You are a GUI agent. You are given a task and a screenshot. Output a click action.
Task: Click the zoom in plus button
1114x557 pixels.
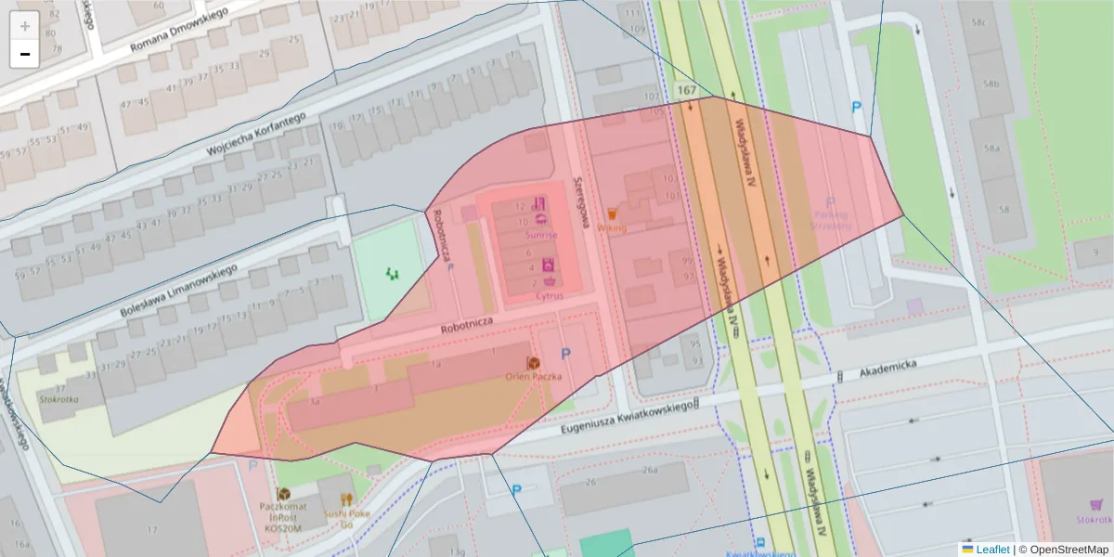coord(25,26)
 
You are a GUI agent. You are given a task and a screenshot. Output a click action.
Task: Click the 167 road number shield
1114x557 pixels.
coord(686,90)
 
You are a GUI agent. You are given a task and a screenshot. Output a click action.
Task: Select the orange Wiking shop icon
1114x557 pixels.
coord(612,214)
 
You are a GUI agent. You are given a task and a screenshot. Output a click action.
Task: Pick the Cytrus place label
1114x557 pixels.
coord(550,296)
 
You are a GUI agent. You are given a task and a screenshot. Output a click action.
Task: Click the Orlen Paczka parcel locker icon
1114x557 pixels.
coord(534,363)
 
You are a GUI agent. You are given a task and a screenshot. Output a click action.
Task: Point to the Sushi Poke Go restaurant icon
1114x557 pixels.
coord(346,499)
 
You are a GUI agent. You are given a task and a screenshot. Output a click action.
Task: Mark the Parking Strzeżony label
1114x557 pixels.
coord(831,219)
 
